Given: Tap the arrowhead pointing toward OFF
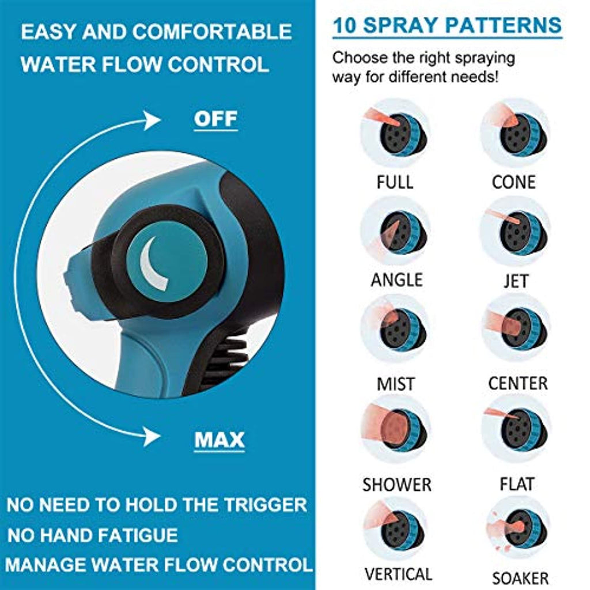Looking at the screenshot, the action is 152,120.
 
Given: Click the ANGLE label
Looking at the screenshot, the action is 396,280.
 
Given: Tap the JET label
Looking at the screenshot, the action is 516,281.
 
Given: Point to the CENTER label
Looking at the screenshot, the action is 517,383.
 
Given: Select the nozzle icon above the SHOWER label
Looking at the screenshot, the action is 396,430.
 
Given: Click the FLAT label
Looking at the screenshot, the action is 517,484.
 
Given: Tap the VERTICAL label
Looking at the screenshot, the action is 398,574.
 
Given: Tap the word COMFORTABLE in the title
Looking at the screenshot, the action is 212,32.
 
